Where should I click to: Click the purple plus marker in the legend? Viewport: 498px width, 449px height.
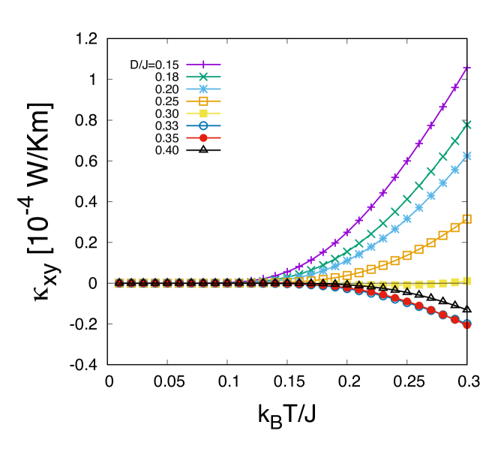[x=203, y=65]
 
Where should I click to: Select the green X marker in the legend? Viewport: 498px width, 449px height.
[x=203, y=77]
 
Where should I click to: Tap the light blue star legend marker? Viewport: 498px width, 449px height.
[x=203, y=89]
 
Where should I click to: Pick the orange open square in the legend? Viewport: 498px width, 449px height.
[x=203, y=101]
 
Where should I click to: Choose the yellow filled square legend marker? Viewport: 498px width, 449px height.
[x=203, y=113]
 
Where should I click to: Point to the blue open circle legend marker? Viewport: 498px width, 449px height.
[x=203, y=125]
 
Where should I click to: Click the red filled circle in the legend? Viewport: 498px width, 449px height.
[x=203, y=137]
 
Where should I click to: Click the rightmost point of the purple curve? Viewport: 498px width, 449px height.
[x=466, y=68]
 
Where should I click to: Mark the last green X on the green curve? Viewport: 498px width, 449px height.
[x=466, y=125]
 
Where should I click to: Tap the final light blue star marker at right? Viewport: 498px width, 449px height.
[x=466, y=155]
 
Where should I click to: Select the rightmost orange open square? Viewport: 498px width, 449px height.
[x=466, y=218]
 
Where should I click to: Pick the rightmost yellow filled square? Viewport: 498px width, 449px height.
[x=466, y=280]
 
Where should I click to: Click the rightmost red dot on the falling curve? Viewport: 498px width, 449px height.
[x=466, y=324]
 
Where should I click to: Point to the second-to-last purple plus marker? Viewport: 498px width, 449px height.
[x=454, y=88]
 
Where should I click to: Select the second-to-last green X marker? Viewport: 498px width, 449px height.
[x=454, y=140]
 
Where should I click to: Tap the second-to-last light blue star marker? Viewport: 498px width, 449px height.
[x=454, y=170]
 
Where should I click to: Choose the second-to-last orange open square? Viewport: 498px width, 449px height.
[x=454, y=227]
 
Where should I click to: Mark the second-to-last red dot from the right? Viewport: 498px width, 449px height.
[x=454, y=319]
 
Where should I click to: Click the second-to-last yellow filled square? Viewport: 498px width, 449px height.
[x=454, y=282]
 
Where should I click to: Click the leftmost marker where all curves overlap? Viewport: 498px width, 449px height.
[x=119, y=283]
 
